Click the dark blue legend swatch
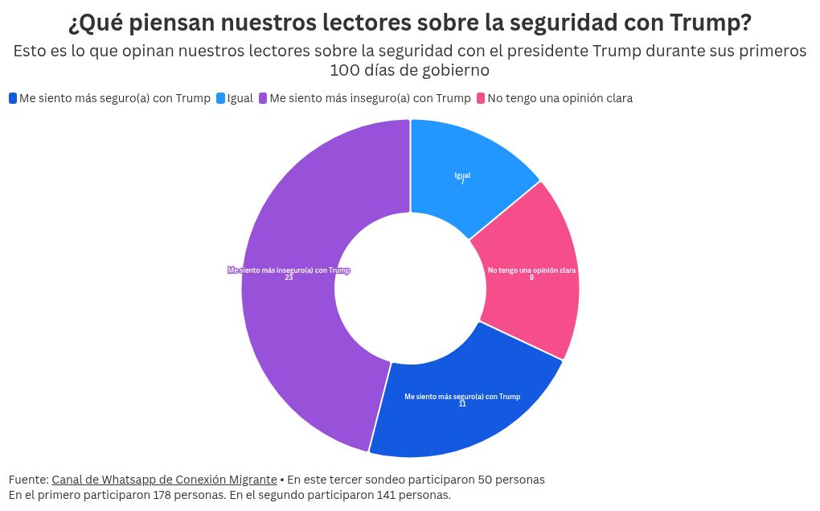point(13,98)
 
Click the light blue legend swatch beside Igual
point(220,98)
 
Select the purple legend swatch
point(263,98)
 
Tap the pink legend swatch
point(481,98)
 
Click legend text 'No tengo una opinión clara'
point(560,98)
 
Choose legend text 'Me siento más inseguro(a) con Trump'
point(370,98)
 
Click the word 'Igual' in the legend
point(240,98)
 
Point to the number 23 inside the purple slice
point(289,278)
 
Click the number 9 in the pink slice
point(531,278)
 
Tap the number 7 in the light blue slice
point(462,182)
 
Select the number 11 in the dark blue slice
point(462,403)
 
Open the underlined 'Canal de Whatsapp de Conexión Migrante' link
point(164,479)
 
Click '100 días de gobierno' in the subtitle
point(409,70)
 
